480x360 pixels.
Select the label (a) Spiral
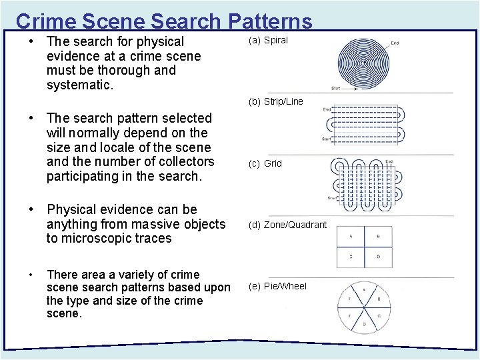coord(268,40)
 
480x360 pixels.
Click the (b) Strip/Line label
coord(275,101)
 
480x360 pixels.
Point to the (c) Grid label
coord(265,163)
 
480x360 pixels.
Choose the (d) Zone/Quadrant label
coord(287,225)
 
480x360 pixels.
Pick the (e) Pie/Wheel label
coord(277,286)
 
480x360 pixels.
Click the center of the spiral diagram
coord(363,64)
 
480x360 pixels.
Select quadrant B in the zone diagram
coord(379,237)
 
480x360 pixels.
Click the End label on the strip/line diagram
coord(327,109)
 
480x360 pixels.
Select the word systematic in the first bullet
coord(79,85)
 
